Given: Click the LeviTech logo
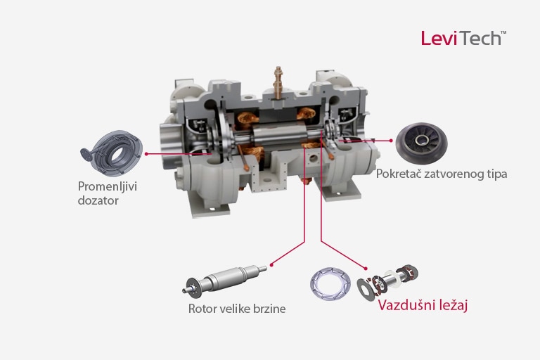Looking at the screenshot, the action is pos(463,38).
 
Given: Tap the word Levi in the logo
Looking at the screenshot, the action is pos(439,38).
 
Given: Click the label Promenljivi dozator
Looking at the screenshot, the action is pos(108,193).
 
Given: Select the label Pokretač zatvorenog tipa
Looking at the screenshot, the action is pos(442,174).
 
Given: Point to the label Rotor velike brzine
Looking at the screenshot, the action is pos(237,309).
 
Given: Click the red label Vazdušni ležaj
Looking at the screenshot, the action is pos(423,305).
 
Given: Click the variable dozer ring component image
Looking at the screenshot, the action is pos(112,153).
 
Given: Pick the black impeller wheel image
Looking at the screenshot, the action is pos(421,143).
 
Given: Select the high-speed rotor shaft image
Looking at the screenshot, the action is pos(224,280).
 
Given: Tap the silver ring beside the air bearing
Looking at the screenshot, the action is pos(330,283).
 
